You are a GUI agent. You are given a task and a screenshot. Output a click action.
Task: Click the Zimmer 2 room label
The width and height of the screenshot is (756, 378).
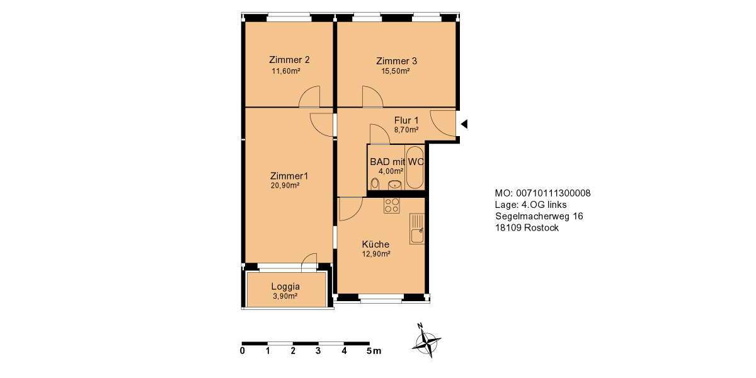click(289, 60)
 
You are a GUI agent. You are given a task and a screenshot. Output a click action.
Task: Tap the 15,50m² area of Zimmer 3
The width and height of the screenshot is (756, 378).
click(396, 71)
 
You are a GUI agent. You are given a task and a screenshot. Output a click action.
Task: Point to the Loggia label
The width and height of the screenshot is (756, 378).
click(285, 286)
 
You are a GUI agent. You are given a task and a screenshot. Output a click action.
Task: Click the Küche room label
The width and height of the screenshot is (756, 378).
click(375, 244)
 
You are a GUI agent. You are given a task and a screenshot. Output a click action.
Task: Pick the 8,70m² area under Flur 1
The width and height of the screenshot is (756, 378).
click(406, 130)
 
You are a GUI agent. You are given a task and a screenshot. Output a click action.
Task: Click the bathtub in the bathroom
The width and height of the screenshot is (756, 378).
click(415, 167)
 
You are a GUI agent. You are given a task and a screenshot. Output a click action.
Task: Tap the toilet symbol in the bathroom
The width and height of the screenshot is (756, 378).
click(375, 183)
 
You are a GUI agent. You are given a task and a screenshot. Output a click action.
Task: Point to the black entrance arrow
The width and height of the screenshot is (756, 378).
click(464, 124)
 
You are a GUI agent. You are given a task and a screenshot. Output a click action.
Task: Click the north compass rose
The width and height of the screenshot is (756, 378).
click(427, 342)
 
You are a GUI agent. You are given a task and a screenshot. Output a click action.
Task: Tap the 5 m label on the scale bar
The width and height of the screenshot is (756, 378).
click(373, 351)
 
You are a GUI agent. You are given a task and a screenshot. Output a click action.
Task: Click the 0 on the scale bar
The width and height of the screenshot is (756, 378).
click(243, 351)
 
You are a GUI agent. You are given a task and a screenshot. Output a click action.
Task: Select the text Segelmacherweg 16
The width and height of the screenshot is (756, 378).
click(539, 216)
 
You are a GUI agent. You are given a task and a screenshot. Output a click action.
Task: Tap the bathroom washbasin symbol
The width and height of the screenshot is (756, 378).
click(395, 185)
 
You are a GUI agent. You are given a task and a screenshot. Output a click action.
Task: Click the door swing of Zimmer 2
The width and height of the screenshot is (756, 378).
click(311, 98)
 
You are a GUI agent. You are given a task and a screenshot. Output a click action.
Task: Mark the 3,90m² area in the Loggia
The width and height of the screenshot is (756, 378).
click(285, 295)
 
